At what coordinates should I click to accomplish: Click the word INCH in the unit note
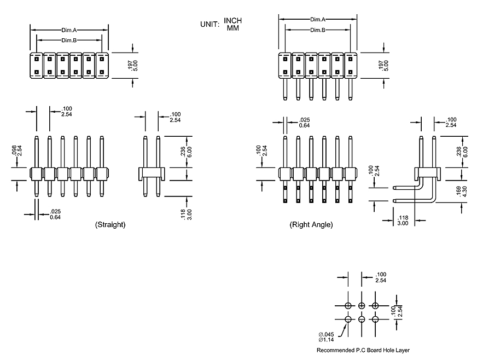pos(233,21)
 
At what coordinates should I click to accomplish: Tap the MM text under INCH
pos(233,27)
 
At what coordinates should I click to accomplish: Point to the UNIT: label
pos(210,24)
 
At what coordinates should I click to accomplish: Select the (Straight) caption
pos(110,225)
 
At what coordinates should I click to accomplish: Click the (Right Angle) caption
pos(311,225)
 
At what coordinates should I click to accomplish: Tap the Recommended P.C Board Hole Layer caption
pos(363,350)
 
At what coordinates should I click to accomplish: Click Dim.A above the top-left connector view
pos(69,31)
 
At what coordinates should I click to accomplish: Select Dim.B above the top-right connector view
pos(318,30)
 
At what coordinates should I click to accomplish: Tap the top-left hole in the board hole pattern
pos(348,305)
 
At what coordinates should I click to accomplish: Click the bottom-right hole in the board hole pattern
pos(375,319)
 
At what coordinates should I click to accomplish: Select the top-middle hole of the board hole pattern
pos(362,305)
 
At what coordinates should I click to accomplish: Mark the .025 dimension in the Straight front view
pos(55,212)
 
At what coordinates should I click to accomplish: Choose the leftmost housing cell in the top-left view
pos(36,65)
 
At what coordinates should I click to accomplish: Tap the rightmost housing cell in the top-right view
pos(350,65)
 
